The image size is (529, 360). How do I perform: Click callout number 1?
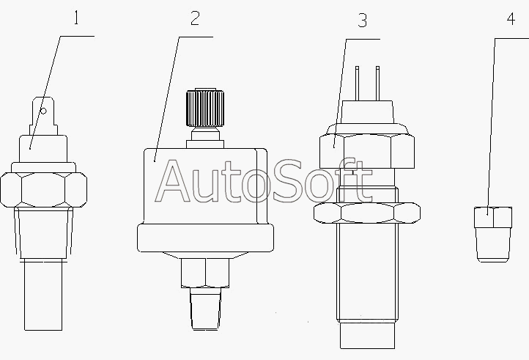76,18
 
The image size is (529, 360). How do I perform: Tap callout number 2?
195,18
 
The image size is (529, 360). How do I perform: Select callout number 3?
363,21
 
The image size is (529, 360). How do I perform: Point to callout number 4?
511,19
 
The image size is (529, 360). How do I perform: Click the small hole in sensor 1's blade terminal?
43,111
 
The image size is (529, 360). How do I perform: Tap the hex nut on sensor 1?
43,189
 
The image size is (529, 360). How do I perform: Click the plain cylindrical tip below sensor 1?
43,295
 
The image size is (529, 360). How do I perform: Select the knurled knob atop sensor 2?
205,107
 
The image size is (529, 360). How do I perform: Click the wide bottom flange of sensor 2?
205,238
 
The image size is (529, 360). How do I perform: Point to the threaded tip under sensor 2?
205,308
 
